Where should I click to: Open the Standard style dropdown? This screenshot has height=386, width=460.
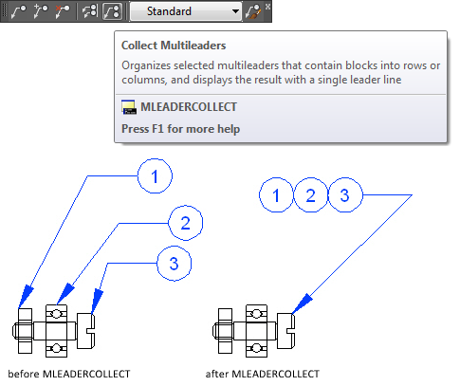186,11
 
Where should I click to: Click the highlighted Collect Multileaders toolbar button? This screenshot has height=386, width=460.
112,11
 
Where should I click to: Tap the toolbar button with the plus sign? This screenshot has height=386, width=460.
41,11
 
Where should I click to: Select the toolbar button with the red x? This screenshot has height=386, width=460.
63,11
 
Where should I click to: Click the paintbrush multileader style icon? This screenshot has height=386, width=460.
253,11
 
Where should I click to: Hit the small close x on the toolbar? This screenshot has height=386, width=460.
267,7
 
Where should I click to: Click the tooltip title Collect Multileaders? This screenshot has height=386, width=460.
174,46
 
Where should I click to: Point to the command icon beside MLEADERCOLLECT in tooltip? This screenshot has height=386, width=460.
129,107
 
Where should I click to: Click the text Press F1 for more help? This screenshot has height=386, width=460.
181,129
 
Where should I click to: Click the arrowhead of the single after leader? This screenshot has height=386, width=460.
302,303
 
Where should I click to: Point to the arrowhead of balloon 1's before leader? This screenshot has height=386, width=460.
26,297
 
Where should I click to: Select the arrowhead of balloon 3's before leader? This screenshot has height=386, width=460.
97,302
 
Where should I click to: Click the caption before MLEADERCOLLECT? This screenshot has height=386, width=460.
69,374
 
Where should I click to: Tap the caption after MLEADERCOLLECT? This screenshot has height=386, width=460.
263,374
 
